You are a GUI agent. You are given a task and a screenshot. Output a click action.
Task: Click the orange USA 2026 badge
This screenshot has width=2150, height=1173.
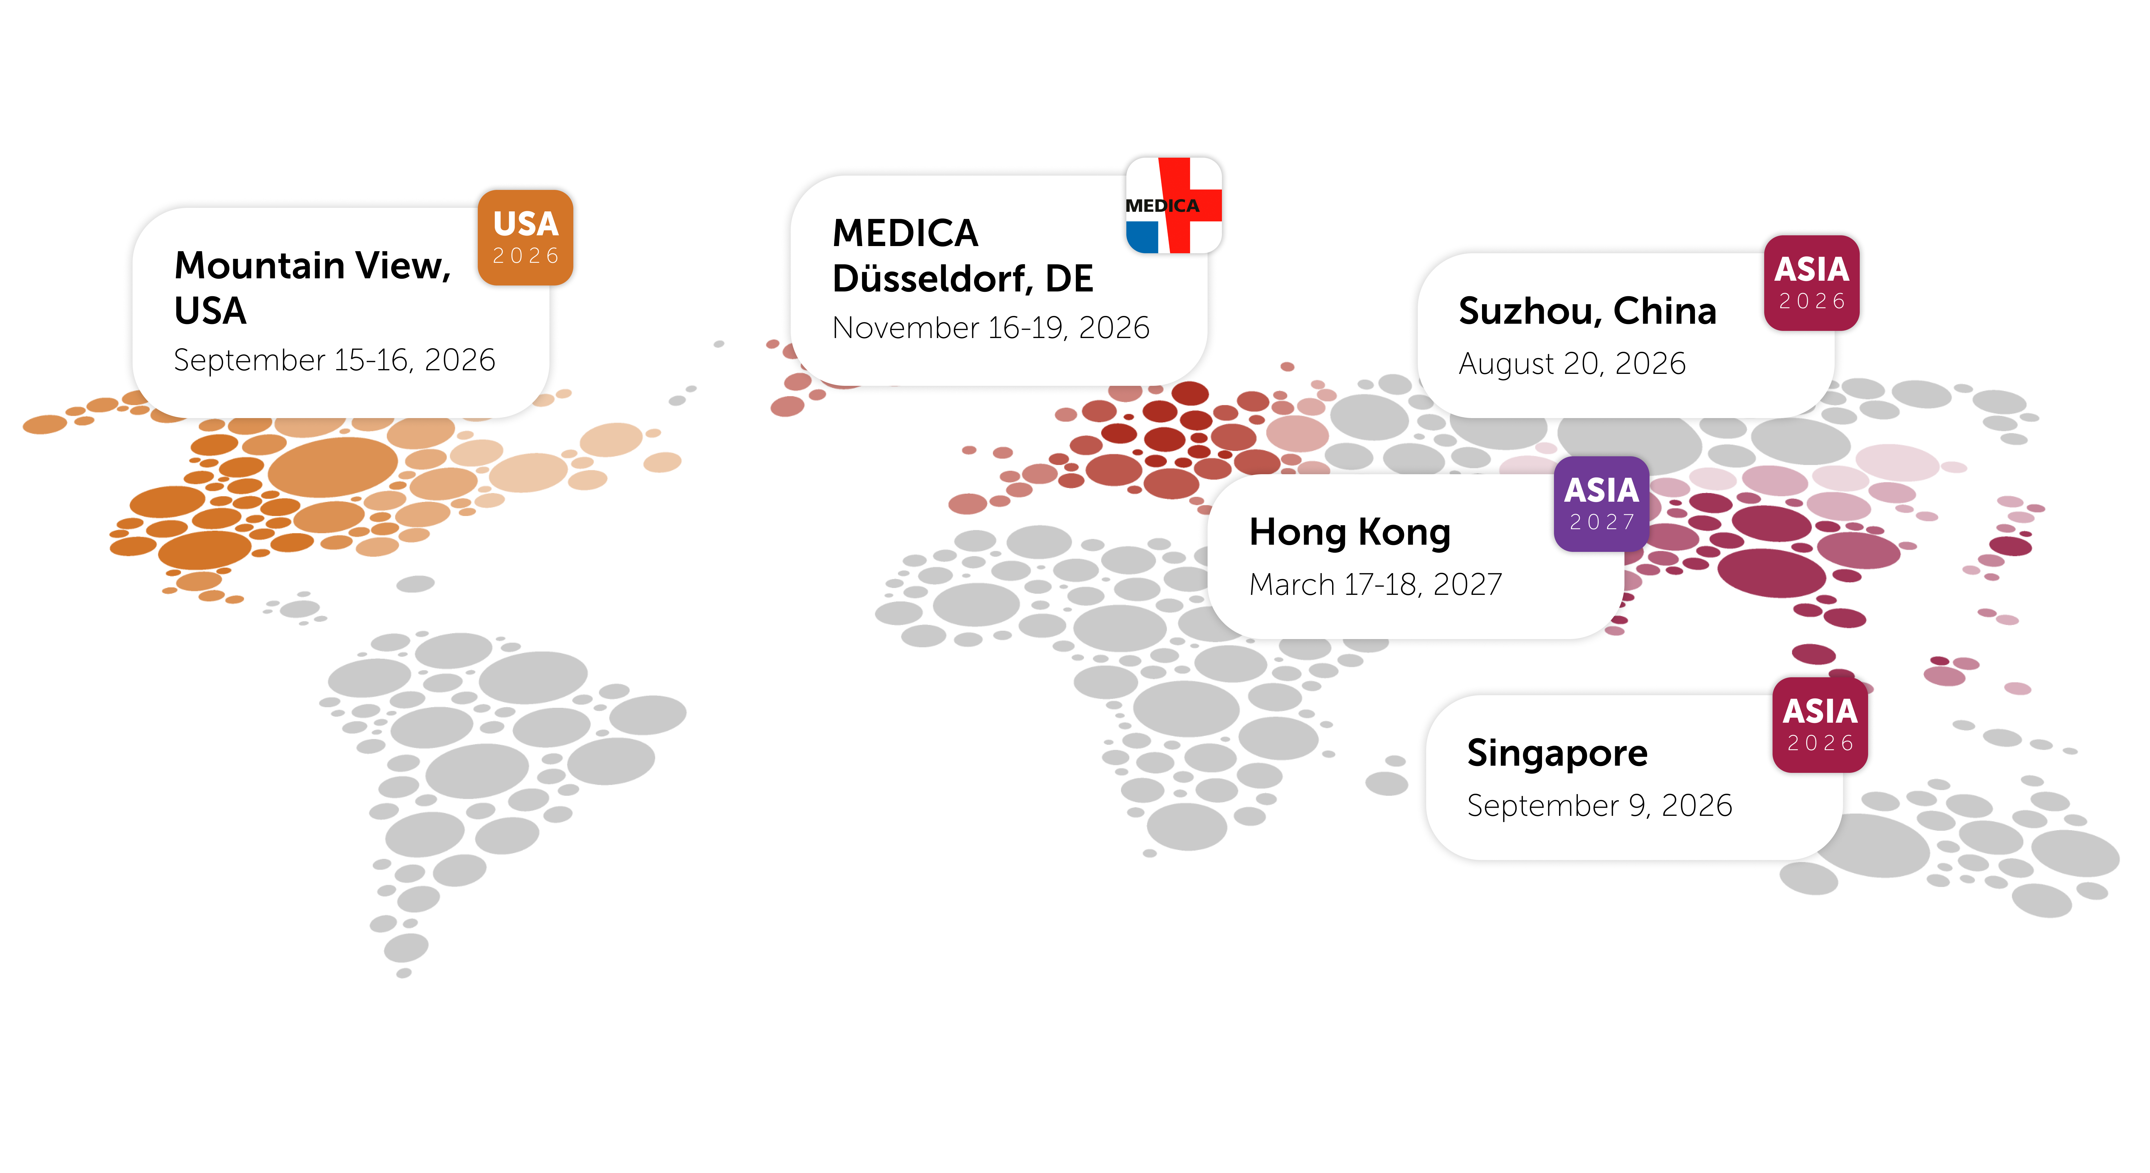click(525, 237)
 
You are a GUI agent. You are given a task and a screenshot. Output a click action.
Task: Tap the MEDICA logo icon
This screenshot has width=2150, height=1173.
click(1174, 205)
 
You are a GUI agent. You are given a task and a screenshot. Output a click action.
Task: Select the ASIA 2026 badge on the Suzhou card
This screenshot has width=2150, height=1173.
click(1811, 283)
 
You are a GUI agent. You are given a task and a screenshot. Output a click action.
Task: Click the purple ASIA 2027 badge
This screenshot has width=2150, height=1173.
click(1601, 504)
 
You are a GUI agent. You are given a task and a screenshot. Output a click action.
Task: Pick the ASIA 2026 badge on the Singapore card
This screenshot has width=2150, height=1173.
click(1819, 725)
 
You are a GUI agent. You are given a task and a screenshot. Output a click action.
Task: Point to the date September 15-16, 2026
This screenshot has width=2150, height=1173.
click(334, 360)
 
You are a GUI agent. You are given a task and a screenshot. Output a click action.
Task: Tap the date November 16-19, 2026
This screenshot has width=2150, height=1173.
click(991, 327)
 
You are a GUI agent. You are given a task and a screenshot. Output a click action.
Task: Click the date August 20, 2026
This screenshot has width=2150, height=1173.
click(1572, 363)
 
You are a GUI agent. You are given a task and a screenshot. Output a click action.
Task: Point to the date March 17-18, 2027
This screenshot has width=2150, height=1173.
click(1375, 584)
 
